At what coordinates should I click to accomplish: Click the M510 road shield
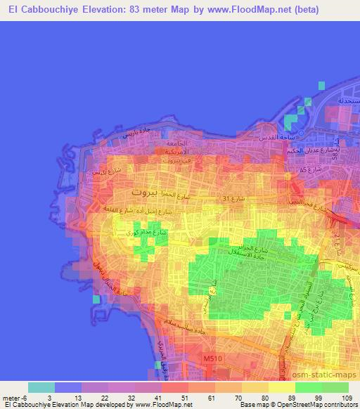pos(212,359)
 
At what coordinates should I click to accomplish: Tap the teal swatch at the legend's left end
pos(41,387)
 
